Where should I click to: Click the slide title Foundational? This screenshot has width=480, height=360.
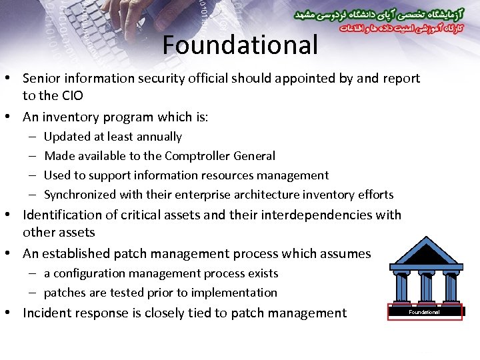[240, 45]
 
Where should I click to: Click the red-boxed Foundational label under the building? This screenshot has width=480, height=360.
[425, 312]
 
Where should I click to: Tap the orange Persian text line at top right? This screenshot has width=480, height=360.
[393, 29]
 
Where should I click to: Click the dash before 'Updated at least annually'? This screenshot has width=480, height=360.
[33, 137]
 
